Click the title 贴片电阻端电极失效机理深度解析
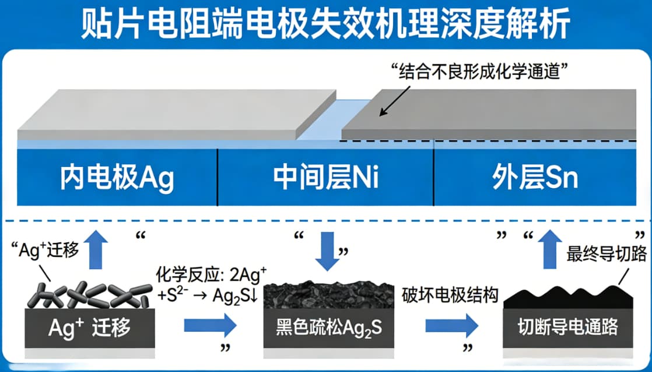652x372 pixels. tap(325, 23)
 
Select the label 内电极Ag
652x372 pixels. tap(117, 178)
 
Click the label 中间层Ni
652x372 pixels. tap(326, 178)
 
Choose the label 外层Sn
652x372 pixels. tap(535, 178)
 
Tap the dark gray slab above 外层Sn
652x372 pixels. tap(496, 114)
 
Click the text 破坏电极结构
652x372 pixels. tap(450, 295)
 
